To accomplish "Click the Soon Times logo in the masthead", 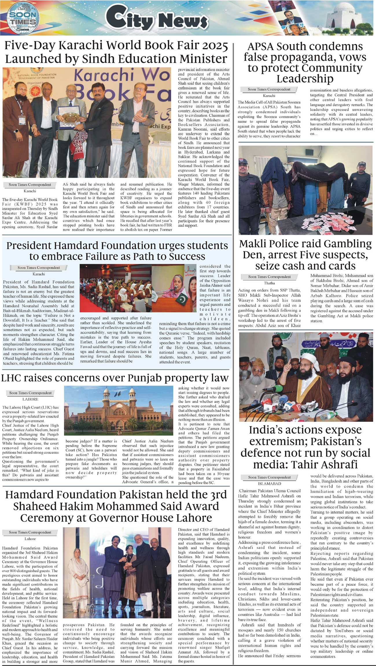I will pos(23,18).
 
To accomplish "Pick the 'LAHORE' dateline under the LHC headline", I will pos(30,399).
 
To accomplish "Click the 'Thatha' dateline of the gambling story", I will pos(269,283).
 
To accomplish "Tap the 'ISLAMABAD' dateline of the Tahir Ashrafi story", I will pos(269,484).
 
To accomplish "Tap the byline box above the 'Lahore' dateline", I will pos(30,532).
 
